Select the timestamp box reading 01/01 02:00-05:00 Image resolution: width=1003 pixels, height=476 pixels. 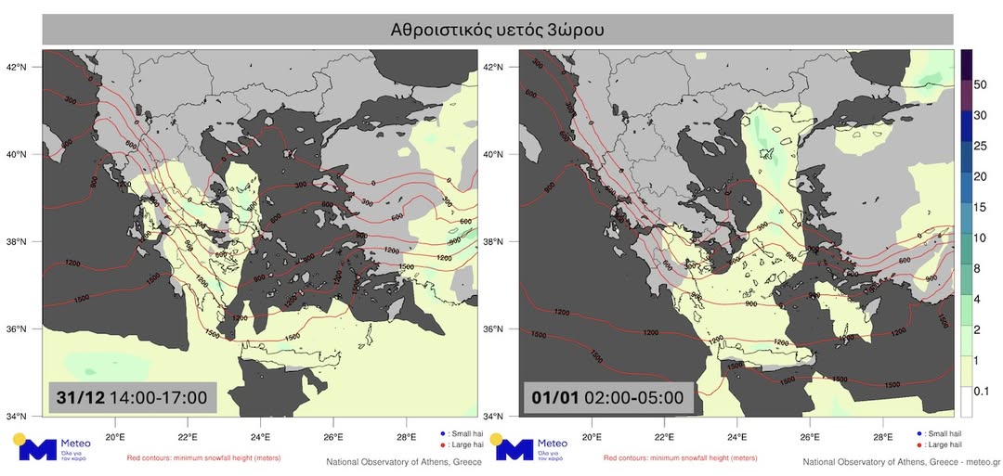point(606,398)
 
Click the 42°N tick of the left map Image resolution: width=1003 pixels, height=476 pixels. point(27,67)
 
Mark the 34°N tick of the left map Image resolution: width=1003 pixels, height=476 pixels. point(27,416)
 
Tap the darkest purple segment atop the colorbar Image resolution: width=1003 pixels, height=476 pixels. point(966,63)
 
